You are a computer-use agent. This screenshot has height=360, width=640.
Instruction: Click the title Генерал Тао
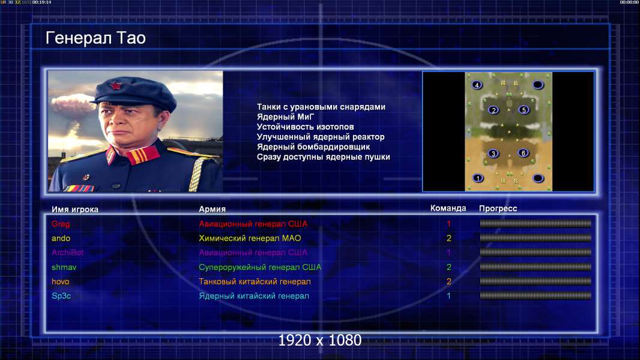pyautogui.click(x=95, y=38)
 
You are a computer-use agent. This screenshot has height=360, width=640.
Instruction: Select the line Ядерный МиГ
pyautogui.click(x=285, y=117)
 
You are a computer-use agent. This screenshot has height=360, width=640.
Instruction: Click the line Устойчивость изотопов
pyautogui.click(x=306, y=127)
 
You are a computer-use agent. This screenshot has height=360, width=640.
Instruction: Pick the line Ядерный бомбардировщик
pyautogui.click(x=313, y=147)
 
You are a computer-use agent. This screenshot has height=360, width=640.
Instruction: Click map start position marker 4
pyautogui.click(x=477, y=85)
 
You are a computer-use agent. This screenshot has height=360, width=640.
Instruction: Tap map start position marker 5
pyautogui.click(x=524, y=110)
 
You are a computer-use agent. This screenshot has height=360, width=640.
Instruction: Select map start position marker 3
pyautogui.click(x=494, y=153)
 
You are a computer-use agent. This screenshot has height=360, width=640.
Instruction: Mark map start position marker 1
pyautogui.click(x=477, y=178)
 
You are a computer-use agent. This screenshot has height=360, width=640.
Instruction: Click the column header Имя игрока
pyautogui.click(x=74, y=209)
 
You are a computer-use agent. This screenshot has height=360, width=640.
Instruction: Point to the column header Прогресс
pyautogui.click(x=498, y=208)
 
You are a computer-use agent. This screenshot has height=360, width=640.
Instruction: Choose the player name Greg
pyautogui.click(x=61, y=224)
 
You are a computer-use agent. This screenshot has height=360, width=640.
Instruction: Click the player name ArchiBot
pyautogui.click(x=67, y=253)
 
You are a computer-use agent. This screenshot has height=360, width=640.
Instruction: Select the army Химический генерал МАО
pyautogui.click(x=250, y=238)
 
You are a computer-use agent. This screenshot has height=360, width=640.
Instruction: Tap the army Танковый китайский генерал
pyautogui.click(x=255, y=281)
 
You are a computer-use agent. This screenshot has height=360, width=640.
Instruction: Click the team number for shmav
pyautogui.click(x=448, y=267)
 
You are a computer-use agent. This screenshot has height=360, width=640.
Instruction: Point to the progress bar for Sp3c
pyautogui.click(x=536, y=296)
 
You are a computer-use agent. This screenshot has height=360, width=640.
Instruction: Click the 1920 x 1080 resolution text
pyautogui.click(x=319, y=340)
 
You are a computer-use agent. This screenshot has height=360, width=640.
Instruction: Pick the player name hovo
pyautogui.click(x=60, y=281)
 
